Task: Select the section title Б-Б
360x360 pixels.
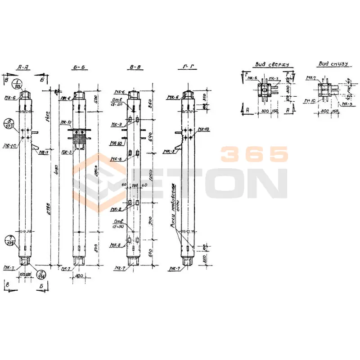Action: click(80, 68)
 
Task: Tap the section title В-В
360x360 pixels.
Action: click(135, 68)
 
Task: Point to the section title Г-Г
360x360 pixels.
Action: click(188, 68)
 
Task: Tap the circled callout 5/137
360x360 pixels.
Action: click(9, 123)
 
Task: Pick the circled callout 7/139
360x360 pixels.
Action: click(9, 240)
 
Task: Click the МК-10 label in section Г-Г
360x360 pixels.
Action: click(203, 130)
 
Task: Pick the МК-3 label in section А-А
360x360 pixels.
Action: click(44, 152)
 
